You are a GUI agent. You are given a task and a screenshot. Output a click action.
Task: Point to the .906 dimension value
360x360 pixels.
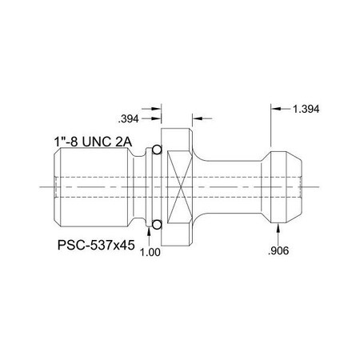click(x=278, y=251)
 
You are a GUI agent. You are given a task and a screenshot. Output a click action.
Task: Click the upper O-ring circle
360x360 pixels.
click(x=157, y=150)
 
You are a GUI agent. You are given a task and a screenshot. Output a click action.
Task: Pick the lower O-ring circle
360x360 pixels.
click(x=157, y=222)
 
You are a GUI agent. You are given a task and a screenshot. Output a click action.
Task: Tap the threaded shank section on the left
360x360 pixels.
click(x=92, y=186)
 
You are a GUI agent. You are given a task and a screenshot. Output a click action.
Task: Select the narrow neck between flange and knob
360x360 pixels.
click(x=232, y=186)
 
